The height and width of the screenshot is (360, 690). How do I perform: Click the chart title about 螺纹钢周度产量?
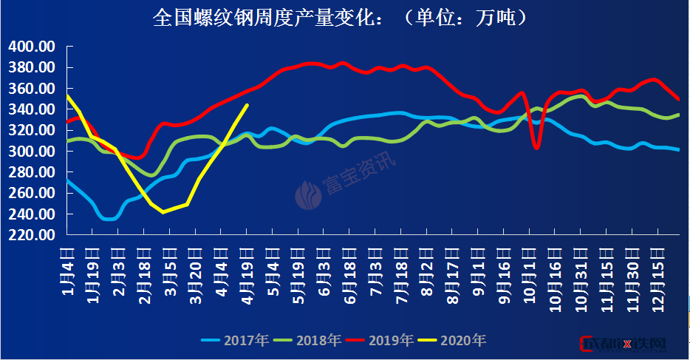coord(341,17)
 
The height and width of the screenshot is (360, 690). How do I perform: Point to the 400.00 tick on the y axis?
coord(32,47)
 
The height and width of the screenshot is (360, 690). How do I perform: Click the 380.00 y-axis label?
coord(32,67)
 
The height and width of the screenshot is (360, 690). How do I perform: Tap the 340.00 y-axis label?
coord(32,109)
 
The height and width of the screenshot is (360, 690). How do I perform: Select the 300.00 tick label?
coord(32,152)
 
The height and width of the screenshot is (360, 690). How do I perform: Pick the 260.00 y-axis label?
coord(32,193)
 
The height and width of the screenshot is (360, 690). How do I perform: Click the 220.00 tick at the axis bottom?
coord(32,235)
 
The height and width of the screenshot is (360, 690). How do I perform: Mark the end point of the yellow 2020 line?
coord(247,105)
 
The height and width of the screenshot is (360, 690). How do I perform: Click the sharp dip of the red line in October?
coord(536,148)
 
